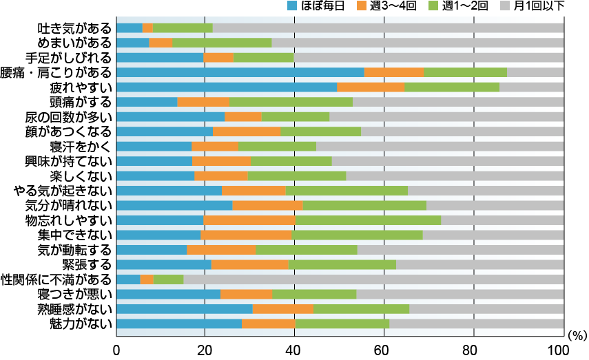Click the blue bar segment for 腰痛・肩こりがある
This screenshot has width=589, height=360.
tap(240, 72)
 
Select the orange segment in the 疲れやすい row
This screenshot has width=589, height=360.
tap(371, 87)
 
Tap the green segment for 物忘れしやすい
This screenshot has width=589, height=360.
tap(368, 220)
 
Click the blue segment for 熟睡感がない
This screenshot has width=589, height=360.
tap(185, 309)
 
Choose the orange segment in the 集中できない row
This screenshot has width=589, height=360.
tap(246, 235)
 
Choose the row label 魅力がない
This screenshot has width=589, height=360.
tap(81, 324)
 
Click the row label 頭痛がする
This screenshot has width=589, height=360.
tap(81, 102)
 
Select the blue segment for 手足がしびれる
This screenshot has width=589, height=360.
tap(160, 57)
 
